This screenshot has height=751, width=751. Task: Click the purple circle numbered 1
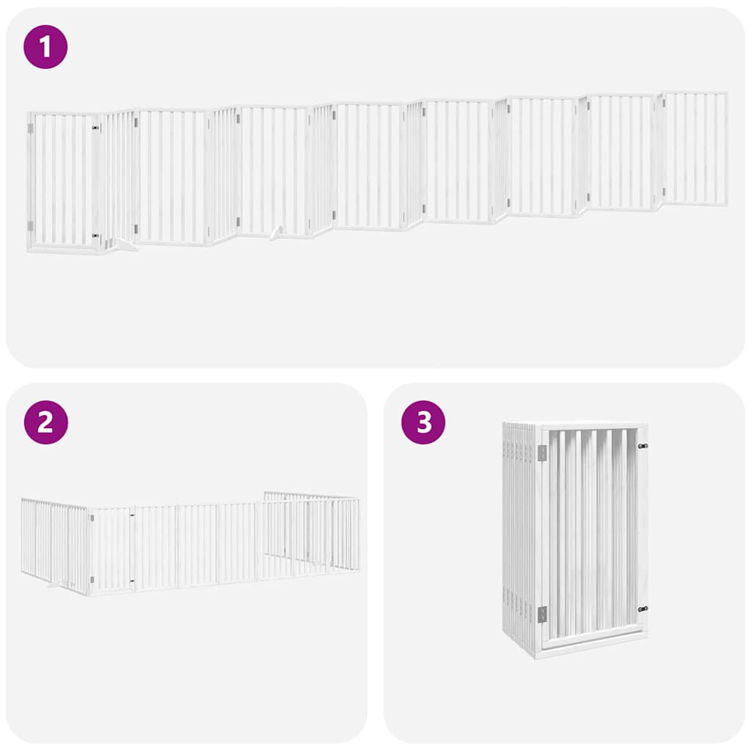45,47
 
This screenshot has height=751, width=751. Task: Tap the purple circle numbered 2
45,422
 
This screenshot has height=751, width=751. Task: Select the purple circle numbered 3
423,422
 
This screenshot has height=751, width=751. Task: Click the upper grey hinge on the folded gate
543,453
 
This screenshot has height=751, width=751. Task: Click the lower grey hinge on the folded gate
543,615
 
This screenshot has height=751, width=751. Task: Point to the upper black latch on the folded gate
642,445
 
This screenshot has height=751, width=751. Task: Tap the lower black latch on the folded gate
642,609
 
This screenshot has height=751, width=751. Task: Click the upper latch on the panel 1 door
95,128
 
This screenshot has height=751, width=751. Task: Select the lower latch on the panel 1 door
95,236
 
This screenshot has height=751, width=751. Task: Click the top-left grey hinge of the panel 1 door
30,128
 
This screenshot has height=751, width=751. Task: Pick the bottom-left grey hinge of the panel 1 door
30,226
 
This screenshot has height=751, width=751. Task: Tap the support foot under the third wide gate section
276,233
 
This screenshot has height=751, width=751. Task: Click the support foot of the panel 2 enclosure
54,585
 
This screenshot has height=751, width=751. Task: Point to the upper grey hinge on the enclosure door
92,518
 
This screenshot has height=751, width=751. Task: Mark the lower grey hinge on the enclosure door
92,579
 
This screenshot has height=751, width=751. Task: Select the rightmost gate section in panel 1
694,148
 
